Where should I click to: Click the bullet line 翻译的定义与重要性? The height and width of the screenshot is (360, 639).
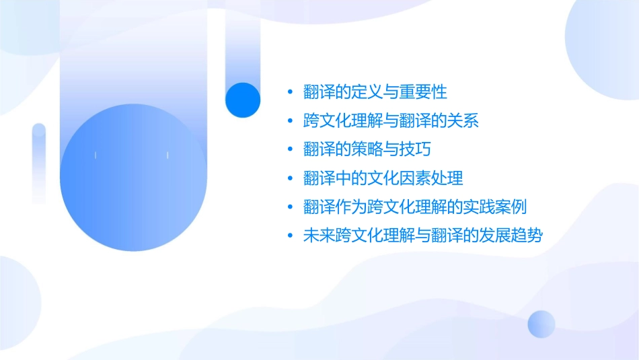(375, 92)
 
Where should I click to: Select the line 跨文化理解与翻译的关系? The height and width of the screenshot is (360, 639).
(391, 120)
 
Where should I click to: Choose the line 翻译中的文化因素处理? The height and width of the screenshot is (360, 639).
(383, 178)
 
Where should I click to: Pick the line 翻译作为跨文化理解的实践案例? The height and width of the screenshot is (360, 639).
(414, 207)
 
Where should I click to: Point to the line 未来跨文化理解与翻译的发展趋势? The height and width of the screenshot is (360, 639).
(422, 236)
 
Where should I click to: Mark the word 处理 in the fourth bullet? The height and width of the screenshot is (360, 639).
(448, 178)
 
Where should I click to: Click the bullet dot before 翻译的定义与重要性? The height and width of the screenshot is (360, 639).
(290, 92)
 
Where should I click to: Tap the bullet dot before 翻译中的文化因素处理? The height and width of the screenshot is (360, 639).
(290, 178)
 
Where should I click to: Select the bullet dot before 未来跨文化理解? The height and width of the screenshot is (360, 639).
(290, 236)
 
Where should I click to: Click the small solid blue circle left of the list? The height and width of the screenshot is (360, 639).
(243, 100)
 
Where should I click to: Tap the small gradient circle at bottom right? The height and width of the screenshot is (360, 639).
(541, 324)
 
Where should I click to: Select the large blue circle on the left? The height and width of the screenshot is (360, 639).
(131, 177)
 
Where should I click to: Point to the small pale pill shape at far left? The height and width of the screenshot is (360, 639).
(39, 161)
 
